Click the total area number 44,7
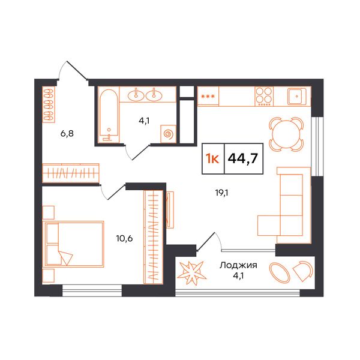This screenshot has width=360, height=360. [244, 158]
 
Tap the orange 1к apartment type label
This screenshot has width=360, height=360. [212, 158]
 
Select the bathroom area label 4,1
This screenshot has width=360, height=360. [144, 121]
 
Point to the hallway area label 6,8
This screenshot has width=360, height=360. [67, 133]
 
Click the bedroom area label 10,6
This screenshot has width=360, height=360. [124, 239]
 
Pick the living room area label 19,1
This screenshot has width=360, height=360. [221, 193]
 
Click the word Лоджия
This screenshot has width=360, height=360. [238, 266]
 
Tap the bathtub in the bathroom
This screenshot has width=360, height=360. [109, 115]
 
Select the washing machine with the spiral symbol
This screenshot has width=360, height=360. [169, 134]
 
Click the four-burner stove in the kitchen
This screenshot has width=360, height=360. [264, 97]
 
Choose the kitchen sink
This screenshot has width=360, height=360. [297, 97]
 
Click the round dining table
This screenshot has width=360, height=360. [286, 134]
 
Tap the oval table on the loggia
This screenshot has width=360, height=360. [280, 272]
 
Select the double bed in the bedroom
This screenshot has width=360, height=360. [73, 244]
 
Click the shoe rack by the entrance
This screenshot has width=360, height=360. [49, 104]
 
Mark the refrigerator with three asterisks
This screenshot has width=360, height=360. [208, 97]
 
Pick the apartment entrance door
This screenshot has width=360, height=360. [73, 70]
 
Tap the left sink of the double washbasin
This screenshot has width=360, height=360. [136, 95]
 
